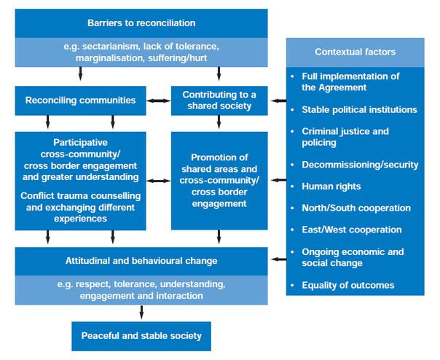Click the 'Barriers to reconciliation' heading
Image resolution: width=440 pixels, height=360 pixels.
(x=141, y=23)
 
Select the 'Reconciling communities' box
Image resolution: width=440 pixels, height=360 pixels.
(x=81, y=101)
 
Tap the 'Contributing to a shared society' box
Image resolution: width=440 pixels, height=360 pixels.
(x=219, y=101)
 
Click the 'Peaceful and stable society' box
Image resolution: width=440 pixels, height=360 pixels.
(x=141, y=336)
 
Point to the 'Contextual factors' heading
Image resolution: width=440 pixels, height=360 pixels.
(x=355, y=52)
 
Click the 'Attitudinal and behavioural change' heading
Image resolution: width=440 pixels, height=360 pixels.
(x=141, y=261)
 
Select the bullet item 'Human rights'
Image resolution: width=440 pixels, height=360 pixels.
(x=331, y=187)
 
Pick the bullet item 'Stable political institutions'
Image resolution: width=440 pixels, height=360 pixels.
(x=359, y=109)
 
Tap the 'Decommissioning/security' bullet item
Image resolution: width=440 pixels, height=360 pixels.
(x=360, y=165)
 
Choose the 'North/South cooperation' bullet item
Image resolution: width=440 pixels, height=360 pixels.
(x=356, y=208)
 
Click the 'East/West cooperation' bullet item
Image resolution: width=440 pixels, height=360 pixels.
(x=352, y=230)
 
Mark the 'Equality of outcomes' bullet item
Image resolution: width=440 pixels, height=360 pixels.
(x=348, y=286)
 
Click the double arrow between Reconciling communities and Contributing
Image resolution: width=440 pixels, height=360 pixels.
(x=159, y=101)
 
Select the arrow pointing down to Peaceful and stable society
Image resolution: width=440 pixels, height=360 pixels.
(x=141, y=312)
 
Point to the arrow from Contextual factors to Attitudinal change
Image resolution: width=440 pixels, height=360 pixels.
(x=279, y=259)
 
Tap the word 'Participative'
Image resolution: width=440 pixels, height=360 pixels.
(x=81, y=143)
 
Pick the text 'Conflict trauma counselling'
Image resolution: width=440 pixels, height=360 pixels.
(x=81, y=196)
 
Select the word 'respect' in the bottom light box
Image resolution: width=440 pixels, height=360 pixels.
(x=93, y=285)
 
